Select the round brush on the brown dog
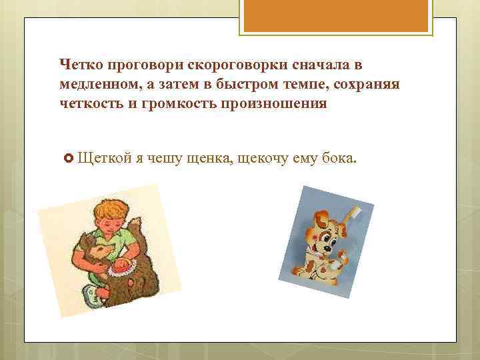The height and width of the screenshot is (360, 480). coord(122,269)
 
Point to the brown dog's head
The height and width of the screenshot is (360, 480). coord(100,254)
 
